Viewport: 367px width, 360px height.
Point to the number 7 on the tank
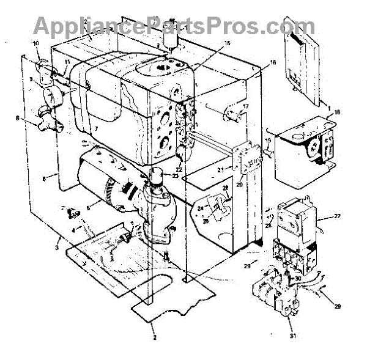(x=96, y=130)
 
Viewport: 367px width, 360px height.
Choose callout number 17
(x=245, y=106)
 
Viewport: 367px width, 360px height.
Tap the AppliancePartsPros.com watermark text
(x=175, y=26)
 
